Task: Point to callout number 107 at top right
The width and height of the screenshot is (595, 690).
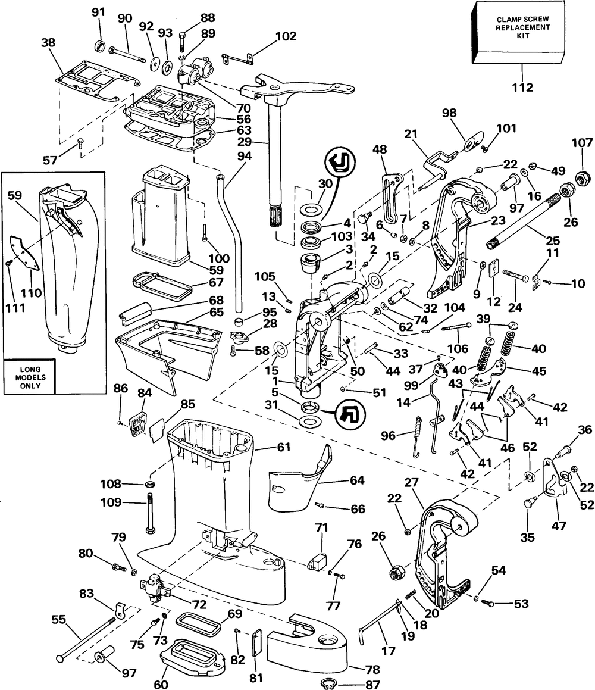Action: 582,143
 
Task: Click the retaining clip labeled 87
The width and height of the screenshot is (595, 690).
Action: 327,683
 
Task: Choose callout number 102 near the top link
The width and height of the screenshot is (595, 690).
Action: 285,36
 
